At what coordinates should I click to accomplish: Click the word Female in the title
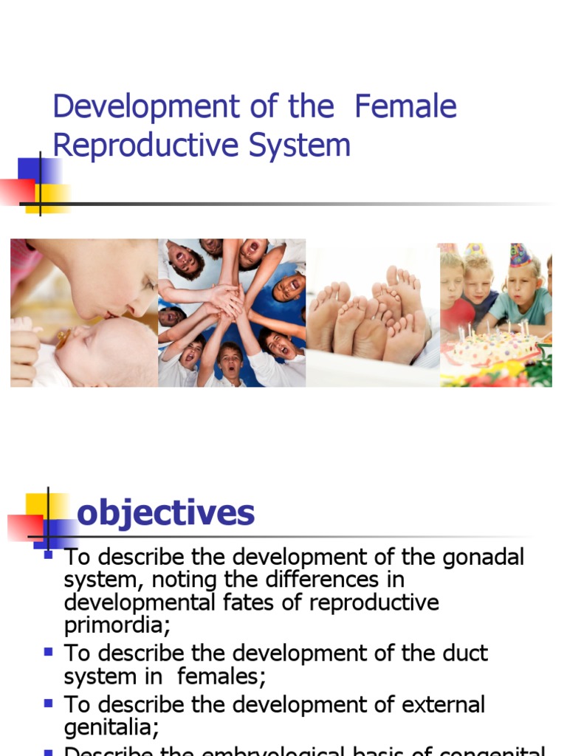tap(405, 107)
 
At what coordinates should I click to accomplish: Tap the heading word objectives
tap(165, 512)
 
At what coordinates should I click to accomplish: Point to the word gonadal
tap(483, 557)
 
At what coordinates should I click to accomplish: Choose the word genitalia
tap(111, 728)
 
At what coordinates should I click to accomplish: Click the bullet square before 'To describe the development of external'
tap(49, 703)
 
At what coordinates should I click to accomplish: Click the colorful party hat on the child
tap(520, 255)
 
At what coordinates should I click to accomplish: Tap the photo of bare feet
tap(373, 314)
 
